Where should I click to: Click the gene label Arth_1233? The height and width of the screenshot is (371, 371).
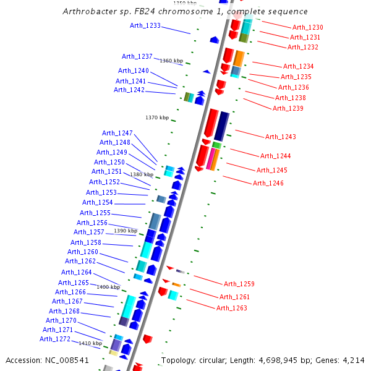pyautogui.click(x=145, y=25)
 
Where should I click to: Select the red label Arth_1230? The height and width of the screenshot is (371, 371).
pyautogui.click(x=307, y=27)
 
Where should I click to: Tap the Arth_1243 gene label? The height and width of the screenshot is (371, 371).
pyautogui.click(x=281, y=137)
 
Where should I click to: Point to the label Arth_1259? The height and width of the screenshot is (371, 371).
pyautogui.click(x=239, y=284)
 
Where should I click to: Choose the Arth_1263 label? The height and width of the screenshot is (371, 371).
pyautogui.click(x=232, y=308)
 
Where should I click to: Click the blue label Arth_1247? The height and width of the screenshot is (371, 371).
pyautogui.click(x=117, y=133)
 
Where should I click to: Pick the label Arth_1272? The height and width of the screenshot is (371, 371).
pyautogui.click(x=55, y=339)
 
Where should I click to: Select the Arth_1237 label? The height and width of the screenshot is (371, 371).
pyautogui.click(x=137, y=56)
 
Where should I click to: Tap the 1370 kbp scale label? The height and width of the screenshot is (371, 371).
pyautogui.click(x=157, y=117)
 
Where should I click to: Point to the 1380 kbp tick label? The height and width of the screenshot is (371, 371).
pyautogui.click(x=141, y=174)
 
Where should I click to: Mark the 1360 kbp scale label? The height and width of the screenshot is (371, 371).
pyautogui.click(x=171, y=61)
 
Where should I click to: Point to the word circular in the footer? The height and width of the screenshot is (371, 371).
pyautogui.click(x=214, y=360)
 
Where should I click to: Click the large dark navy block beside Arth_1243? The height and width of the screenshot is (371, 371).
pyautogui.click(x=221, y=126)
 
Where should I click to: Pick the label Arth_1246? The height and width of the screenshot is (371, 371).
pyautogui.click(x=268, y=183)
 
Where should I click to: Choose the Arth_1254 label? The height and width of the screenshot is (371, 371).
pyautogui.click(x=98, y=202)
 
